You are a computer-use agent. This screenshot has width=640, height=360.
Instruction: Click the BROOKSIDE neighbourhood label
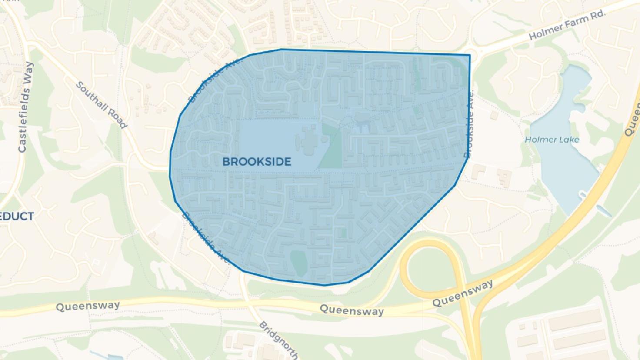pyautogui.click(x=257, y=162)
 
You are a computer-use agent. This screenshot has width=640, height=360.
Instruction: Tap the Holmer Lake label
pyautogui.click(x=552, y=140)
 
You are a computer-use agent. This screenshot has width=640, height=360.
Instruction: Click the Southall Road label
pyautogui.click(x=101, y=105)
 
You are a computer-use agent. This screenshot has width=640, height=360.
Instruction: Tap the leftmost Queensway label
pyautogui.click(x=87, y=306)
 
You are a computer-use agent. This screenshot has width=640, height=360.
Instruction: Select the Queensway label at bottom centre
pyautogui.click(x=352, y=310)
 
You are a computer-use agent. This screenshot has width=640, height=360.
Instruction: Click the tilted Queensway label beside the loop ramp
pyautogui.click(x=463, y=293)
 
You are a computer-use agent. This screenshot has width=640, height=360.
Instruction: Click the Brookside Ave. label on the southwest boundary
pyautogui.click(x=206, y=237)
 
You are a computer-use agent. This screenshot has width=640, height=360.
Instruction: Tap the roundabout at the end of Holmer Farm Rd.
pyautogui.click(x=474, y=55)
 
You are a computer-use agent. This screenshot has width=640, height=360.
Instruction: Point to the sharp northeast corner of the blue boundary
pyautogui.click(x=470, y=55)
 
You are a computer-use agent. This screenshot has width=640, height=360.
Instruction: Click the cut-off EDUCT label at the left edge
pyautogui.click(x=17, y=216)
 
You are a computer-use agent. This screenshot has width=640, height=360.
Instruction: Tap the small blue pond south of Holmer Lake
pyautogui.click(x=603, y=211)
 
